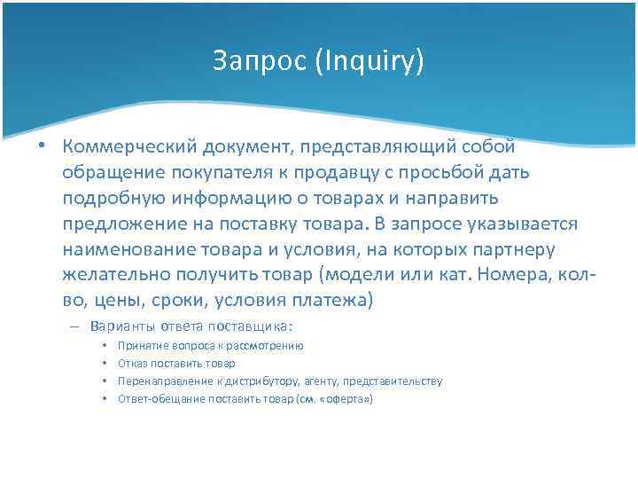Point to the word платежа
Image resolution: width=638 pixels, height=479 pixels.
coord(334,302)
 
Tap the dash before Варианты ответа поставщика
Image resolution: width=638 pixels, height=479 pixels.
coord(76,326)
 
